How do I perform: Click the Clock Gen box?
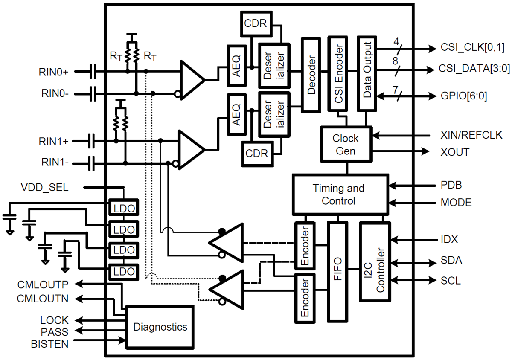[x=346, y=145]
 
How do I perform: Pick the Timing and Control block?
[x=340, y=195]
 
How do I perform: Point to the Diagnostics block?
[x=160, y=327]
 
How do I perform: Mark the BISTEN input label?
[x=49, y=343]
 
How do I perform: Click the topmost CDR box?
[x=256, y=23]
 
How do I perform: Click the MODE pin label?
[x=456, y=203]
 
